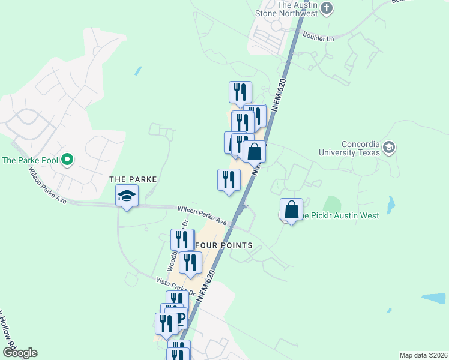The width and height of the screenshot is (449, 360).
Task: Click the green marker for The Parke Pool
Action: (x=68, y=160)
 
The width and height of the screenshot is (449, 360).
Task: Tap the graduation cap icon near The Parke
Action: (x=127, y=196)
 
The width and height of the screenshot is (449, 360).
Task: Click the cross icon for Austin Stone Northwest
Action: (x=327, y=8)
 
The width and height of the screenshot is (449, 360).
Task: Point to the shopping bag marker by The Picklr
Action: (x=292, y=210)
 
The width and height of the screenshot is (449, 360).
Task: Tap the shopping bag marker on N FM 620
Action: (x=255, y=152)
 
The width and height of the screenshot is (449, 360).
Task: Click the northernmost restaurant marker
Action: (x=240, y=92)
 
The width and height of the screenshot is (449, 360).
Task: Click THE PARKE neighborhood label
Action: (x=133, y=179)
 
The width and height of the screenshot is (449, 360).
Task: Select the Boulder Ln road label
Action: (x=318, y=38)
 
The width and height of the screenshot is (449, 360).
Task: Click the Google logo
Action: (x=20, y=353)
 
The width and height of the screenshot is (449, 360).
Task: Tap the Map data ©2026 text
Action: (x=423, y=355)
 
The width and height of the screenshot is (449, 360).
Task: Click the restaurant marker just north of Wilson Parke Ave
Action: (x=228, y=180)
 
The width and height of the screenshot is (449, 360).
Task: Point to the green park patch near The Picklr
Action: (x=333, y=206)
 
